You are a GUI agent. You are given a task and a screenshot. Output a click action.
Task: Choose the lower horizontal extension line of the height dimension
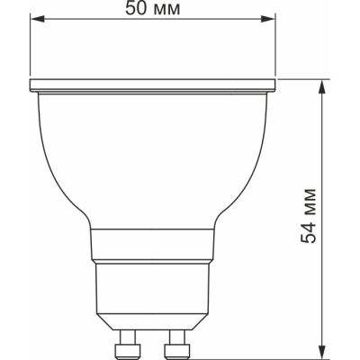click(x=270, y=356)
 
